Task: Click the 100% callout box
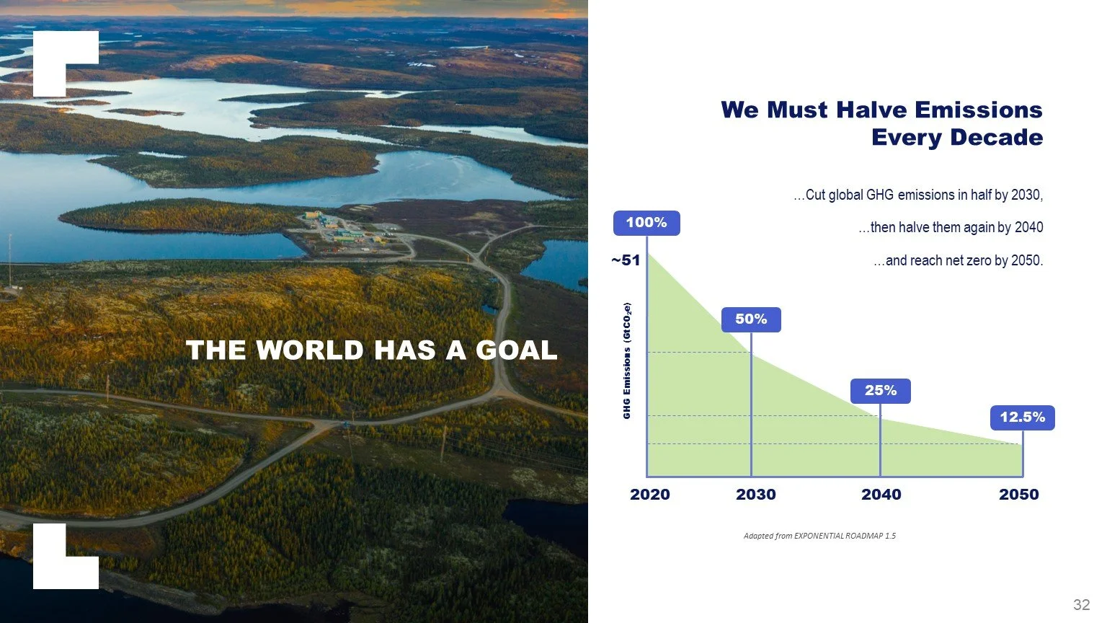[x=646, y=223]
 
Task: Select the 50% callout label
[x=751, y=319]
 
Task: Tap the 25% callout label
[x=880, y=391]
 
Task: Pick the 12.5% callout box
[x=1021, y=417]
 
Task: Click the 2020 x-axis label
[x=649, y=495]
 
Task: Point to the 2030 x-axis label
[x=755, y=495]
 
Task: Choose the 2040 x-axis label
[x=881, y=495]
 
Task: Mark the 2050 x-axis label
[x=1018, y=495]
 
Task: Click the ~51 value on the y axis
[x=625, y=260]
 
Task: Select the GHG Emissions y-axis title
[x=627, y=361]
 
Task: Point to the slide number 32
[x=1081, y=604]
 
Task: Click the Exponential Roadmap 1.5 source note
[x=819, y=536]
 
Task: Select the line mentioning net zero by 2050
[x=958, y=260]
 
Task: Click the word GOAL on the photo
[x=516, y=350]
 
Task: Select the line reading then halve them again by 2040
[x=951, y=227]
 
